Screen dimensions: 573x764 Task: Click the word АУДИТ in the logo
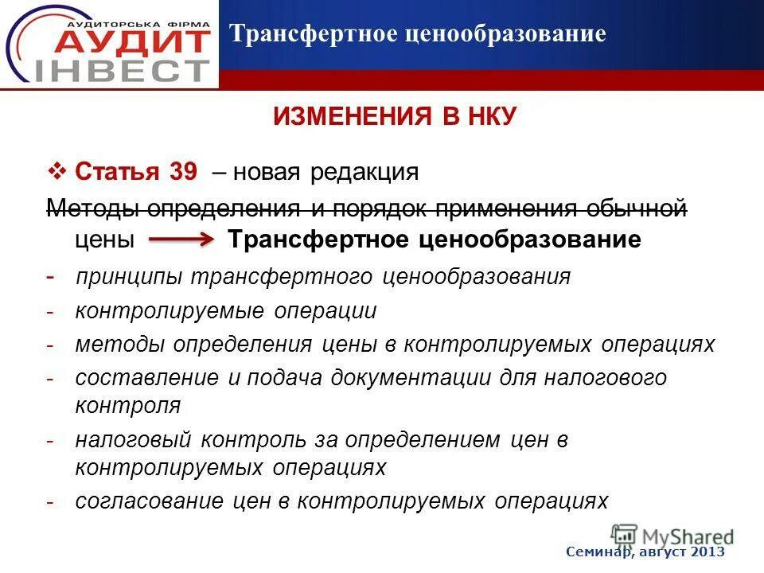click(x=127, y=41)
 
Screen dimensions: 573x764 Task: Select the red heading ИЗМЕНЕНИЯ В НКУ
click(x=395, y=117)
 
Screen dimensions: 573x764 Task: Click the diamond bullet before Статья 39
click(x=57, y=171)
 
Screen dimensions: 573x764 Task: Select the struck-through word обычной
click(x=636, y=209)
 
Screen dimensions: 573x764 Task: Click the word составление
click(x=146, y=378)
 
